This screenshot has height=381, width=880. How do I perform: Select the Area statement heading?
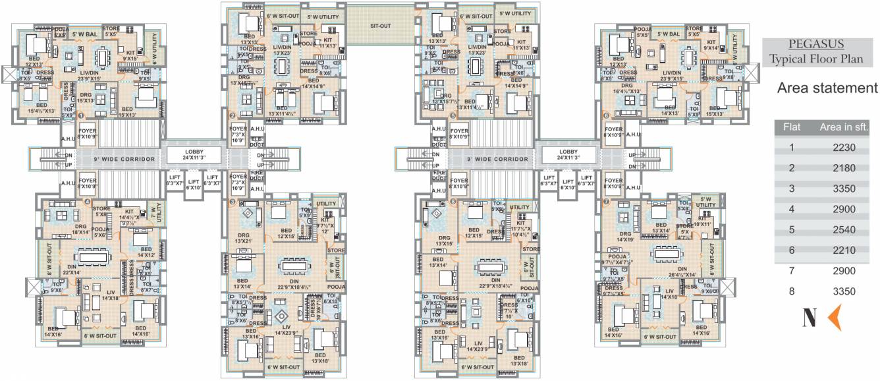[827, 88]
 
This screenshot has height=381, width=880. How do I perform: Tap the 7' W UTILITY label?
[157, 212]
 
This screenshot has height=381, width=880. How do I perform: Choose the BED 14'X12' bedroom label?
[146, 252]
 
